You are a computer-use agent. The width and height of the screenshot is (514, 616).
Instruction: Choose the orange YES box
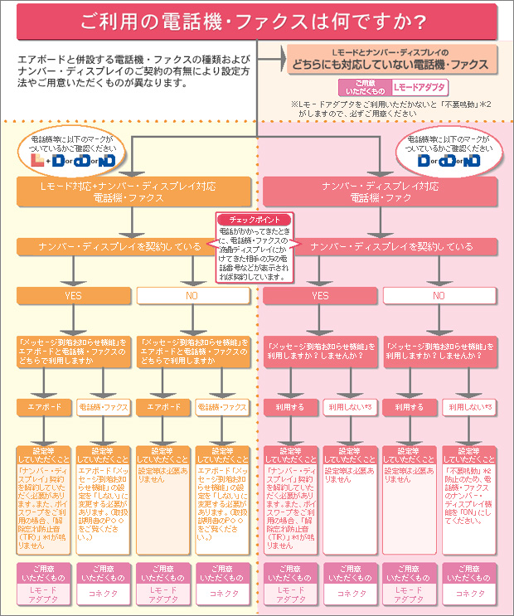pyautogui.click(x=73, y=295)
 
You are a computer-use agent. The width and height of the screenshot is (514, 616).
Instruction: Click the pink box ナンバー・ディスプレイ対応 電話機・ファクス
pyautogui.click(x=381, y=192)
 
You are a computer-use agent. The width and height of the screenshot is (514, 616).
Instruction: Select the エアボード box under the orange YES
pyautogui.click(x=42, y=407)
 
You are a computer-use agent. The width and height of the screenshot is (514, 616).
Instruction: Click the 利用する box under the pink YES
pyautogui.click(x=289, y=407)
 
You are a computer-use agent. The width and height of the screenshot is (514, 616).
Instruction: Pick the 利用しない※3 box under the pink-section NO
pyautogui.click(x=470, y=407)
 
